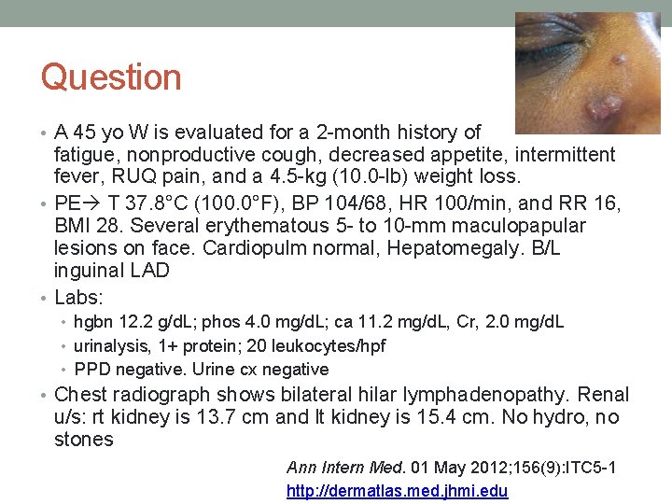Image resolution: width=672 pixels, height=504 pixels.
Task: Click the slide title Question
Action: pyautogui.click(x=111, y=77)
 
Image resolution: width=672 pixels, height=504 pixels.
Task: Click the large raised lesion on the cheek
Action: pyautogui.click(x=602, y=107)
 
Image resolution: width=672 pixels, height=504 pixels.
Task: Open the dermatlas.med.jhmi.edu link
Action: pyautogui.click(x=397, y=490)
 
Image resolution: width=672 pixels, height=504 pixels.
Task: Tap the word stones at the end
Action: pyautogui.click(x=84, y=440)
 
